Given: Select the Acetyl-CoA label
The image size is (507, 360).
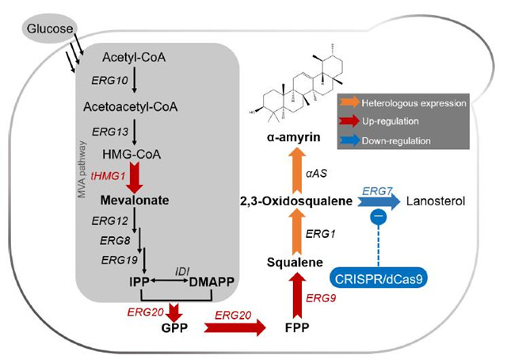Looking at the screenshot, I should tap(133, 57).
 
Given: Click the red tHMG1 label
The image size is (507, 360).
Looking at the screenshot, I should tap(107, 176).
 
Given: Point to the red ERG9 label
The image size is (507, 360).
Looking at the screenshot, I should tap(321, 297).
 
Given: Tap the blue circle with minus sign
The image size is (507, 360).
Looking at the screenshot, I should tap(378, 218).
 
